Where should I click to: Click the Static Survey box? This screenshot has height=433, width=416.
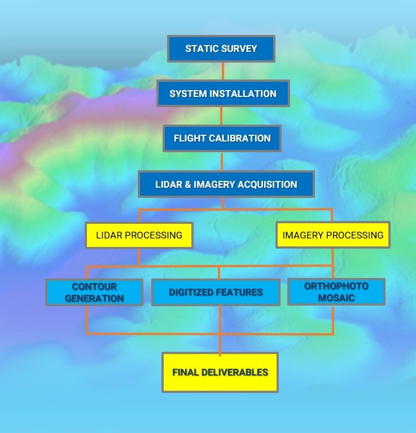(221, 48)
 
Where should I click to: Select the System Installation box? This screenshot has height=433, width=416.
(223, 94)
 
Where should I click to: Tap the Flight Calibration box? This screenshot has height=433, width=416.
(222, 138)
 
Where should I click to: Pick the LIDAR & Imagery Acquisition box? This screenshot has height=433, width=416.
(226, 184)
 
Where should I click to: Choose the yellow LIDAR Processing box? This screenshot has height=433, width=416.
(139, 235)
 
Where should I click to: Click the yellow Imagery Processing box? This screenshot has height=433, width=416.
(332, 235)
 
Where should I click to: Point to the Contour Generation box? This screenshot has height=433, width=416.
(94, 292)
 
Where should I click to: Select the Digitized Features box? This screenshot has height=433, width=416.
(216, 292)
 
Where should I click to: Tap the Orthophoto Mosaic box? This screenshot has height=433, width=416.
(336, 291)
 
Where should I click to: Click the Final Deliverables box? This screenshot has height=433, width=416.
(220, 372)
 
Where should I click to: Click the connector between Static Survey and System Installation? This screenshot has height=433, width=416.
(222, 71)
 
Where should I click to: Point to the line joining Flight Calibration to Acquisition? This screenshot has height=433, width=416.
(222, 161)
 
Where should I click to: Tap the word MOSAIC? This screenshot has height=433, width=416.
(336, 298)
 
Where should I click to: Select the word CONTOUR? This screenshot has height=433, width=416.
(94, 286)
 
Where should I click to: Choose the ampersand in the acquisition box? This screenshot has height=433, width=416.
(187, 184)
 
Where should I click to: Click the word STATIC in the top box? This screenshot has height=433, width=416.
(202, 48)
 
